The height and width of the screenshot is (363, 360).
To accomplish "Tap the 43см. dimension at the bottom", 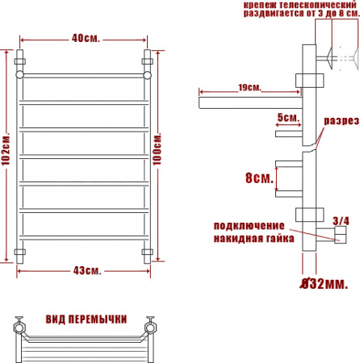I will pyautogui.click(x=84, y=271).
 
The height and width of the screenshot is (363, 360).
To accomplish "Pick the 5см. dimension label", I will pyautogui.click(x=287, y=118).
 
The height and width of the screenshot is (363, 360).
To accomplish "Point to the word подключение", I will pyautogui.click(x=249, y=225).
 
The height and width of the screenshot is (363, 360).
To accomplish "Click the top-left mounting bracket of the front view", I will pyautogui.click(x=21, y=59).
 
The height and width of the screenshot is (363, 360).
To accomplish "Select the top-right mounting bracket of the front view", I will pyautogui.click(x=148, y=59).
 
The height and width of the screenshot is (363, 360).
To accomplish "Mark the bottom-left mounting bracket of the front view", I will pyautogui.click(x=21, y=253).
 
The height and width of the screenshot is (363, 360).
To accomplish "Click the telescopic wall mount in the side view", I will pyautogui.click(x=332, y=58).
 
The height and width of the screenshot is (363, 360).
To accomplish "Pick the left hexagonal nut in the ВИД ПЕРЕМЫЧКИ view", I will pyautogui.click(x=19, y=328).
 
